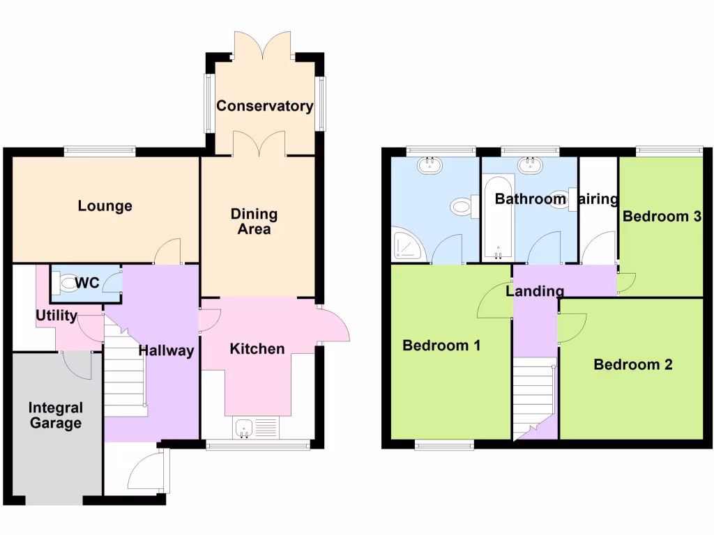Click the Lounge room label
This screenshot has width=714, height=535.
pyautogui.click(x=105, y=206)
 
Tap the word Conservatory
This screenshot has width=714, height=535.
pyautogui.click(x=264, y=106)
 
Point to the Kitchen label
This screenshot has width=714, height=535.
pyautogui.click(x=257, y=348)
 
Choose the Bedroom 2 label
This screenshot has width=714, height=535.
pyautogui.click(x=632, y=364)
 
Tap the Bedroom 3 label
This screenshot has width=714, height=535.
pyautogui.click(x=661, y=217)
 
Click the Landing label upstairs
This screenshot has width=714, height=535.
pyautogui.click(x=534, y=291)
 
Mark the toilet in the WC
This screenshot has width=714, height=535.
pyautogui.click(x=68, y=282)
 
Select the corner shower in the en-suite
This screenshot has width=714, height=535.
pyautogui.click(x=405, y=244)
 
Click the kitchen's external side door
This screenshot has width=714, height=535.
pyautogui.click(x=333, y=324)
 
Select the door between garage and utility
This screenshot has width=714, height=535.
pyautogui.click(x=77, y=364)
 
